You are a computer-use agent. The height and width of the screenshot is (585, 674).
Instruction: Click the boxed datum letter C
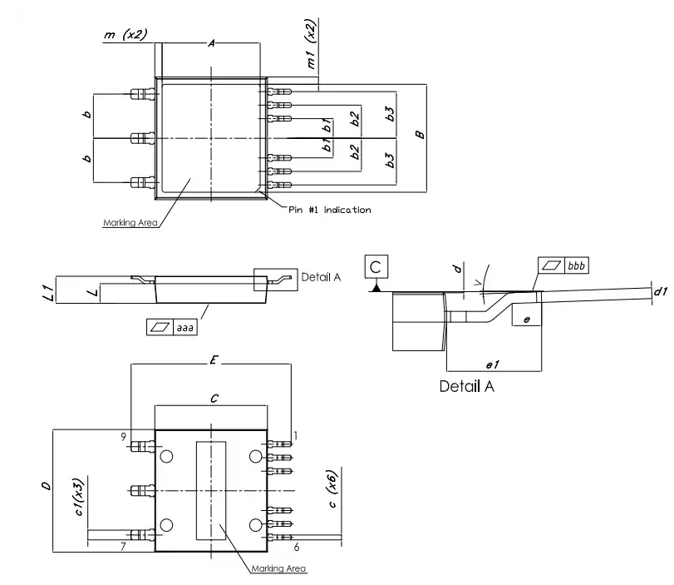[376, 267]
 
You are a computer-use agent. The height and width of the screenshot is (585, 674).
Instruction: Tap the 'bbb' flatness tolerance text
[576, 265]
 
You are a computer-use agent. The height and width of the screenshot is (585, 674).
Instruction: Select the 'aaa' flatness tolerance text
[184, 328]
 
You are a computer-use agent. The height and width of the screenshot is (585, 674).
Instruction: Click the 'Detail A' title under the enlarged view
[467, 386]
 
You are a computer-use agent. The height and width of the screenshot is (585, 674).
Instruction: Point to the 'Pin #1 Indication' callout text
[330, 210]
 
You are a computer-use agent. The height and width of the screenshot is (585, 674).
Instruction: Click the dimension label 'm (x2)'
[125, 34]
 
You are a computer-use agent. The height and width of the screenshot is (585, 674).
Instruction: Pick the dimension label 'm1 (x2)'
[311, 44]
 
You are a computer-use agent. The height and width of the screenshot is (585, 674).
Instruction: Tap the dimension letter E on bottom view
[214, 359]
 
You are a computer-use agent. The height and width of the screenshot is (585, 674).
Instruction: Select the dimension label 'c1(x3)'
[78, 497]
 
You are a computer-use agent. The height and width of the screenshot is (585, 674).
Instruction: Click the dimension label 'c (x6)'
[332, 488]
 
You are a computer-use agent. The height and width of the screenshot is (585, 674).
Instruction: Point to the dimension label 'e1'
[493, 364]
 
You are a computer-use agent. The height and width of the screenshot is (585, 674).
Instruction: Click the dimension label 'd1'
[661, 291]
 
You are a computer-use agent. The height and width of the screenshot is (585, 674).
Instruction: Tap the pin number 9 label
[123, 437]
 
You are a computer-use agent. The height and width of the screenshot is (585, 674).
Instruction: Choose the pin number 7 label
[123, 546]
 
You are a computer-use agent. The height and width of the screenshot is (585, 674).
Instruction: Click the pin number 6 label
[297, 547]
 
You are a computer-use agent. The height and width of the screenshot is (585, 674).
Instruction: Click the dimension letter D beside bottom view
[46, 486]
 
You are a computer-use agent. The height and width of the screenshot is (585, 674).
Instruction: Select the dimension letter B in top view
[420, 135]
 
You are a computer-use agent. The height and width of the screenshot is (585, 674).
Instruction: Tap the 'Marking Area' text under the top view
[130, 222]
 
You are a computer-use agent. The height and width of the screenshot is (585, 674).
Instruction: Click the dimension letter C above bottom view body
[214, 399]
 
